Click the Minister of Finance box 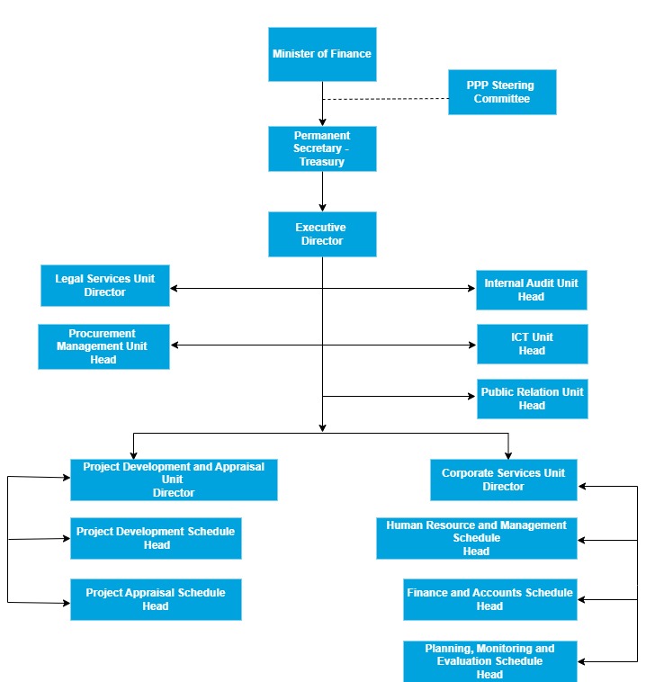pos(322,54)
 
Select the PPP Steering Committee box pos(502,92)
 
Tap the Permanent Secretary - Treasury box pos(322,148)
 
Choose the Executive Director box pos(322,234)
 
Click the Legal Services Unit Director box pos(105,285)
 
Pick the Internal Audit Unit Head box pos(532,290)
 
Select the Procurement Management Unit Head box pos(103,346)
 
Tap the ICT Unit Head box pos(532,344)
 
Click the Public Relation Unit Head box pos(532,399)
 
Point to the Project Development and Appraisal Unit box pos(174,480)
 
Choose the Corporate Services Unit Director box pos(503,480)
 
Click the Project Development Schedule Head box pos(156,538)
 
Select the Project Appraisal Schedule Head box pos(156,599)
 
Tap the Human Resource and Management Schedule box pos(476,538)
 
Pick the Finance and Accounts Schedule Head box pos(489,599)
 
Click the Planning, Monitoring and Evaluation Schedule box pos(489,661)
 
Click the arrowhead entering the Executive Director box pos(322,207)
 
